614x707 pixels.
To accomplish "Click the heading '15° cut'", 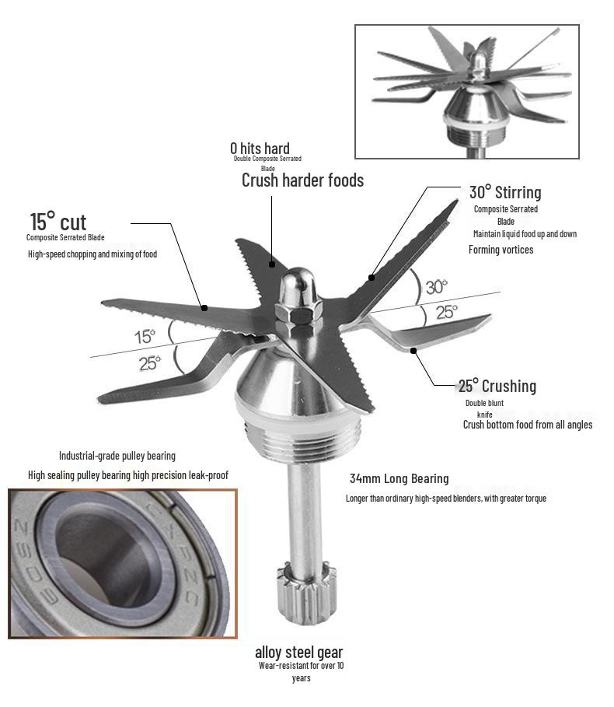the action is (x=58, y=222).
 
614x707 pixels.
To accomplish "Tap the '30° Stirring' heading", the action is (x=505, y=193).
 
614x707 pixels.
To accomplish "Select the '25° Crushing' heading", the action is (x=497, y=386).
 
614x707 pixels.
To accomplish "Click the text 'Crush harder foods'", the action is (x=302, y=180).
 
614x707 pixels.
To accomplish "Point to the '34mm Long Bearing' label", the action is (x=399, y=478).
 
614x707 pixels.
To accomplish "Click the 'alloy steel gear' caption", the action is (x=299, y=652).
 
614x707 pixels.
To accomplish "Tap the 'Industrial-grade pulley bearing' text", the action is (x=117, y=456).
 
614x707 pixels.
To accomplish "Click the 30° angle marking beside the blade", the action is (x=436, y=287).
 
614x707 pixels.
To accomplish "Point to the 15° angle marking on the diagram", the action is (x=145, y=336).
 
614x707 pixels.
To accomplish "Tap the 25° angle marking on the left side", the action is (x=149, y=363).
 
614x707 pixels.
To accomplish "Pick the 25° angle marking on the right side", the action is (x=446, y=312).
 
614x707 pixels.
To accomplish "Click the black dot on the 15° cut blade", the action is (x=204, y=308).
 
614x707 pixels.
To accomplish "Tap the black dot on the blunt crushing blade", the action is (x=413, y=350).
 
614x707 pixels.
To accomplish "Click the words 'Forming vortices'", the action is (x=501, y=250).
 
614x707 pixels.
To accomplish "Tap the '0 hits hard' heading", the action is (x=260, y=148).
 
